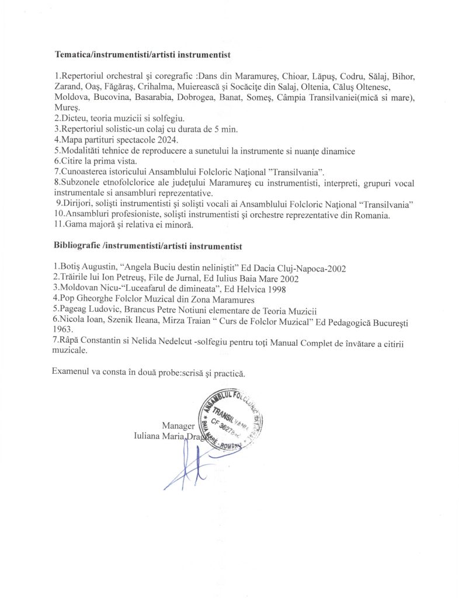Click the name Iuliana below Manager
150,436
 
